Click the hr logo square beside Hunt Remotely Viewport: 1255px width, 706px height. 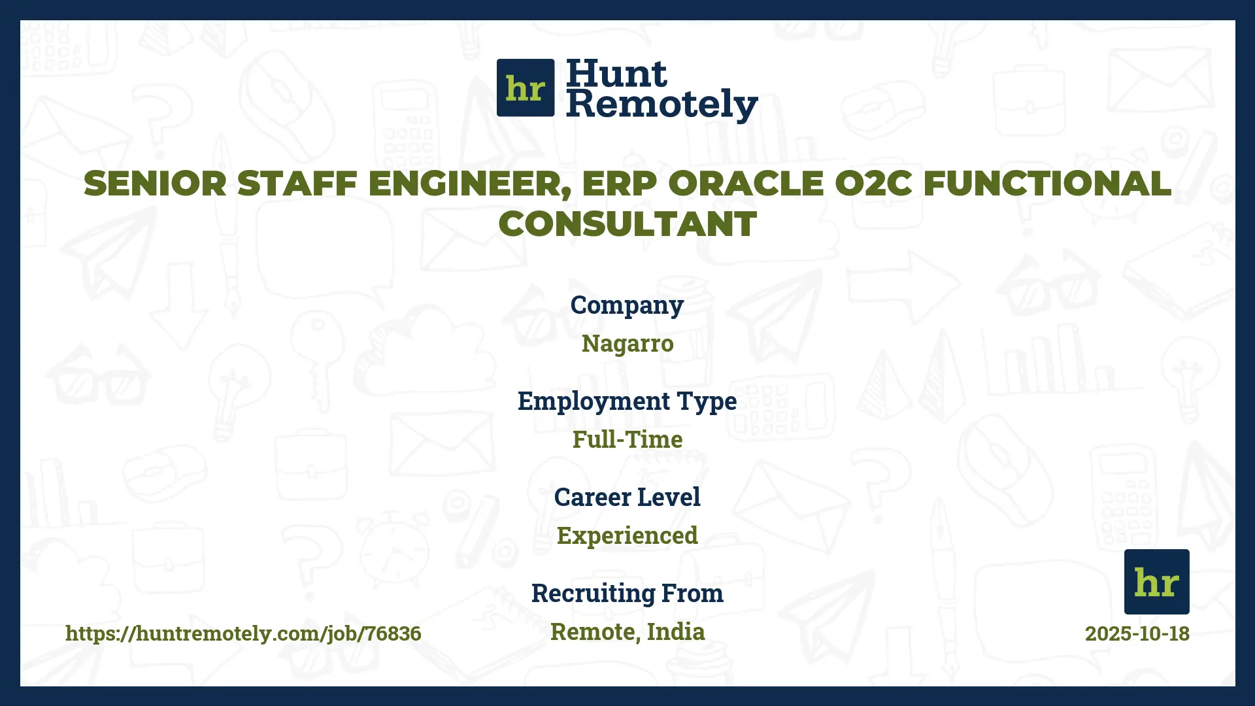click(526, 88)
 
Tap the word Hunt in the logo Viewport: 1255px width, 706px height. click(616, 73)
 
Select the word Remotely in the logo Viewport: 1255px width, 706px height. click(661, 105)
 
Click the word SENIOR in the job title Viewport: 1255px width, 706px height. click(155, 184)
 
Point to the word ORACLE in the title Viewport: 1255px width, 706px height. click(745, 184)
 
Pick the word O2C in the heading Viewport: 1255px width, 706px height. click(873, 184)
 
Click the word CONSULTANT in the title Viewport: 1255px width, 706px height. click(627, 224)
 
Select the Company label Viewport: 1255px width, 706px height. click(627, 305)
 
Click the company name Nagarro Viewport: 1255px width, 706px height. click(627, 343)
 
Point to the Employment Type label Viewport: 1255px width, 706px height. click(627, 401)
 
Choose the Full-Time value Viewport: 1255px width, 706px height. click(627, 439)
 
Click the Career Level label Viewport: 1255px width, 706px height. click(627, 497)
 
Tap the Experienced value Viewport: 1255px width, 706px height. click(627, 535)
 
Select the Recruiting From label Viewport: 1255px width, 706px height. click(627, 593)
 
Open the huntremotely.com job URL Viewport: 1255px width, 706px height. click(243, 633)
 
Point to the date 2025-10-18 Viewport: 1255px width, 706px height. click(1137, 633)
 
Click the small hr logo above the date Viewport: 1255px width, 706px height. click(1156, 582)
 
